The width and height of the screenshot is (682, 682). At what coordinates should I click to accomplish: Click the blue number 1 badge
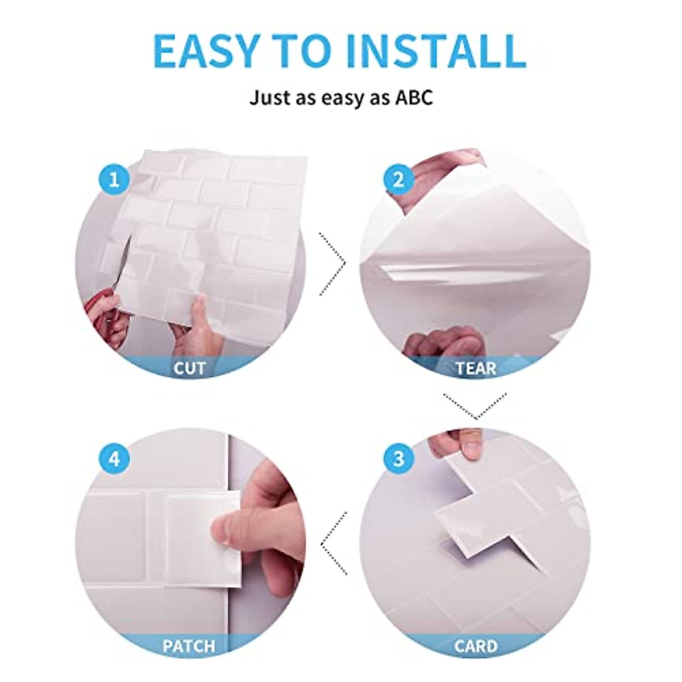pyautogui.click(x=115, y=180)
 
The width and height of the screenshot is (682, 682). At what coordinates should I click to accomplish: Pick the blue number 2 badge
pyautogui.click(x=398, y=180)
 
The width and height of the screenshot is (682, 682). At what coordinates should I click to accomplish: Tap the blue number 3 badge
pyautogui.click(x=398, y=459)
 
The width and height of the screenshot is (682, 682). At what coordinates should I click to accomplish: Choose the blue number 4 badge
pyautogui.click(x=115, y=459)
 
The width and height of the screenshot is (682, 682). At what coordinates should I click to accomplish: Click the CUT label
pyautogui.click(x=189, y=368)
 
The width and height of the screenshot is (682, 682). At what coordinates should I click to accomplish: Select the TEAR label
pyautogui.click(x=476, y=368)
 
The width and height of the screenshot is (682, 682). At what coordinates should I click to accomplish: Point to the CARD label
pyautogui.click(x=476, y=646)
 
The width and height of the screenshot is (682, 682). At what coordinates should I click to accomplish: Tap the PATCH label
pyautogui.click(x=189, y=646)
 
